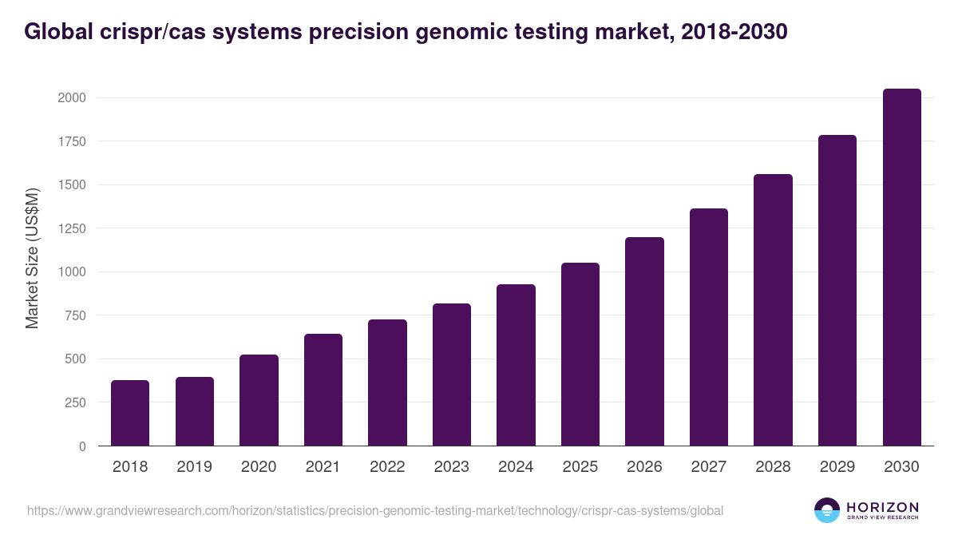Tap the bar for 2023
coord(451,375)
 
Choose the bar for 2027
coord(708,327)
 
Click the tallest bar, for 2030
coord(901,267)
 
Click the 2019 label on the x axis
coord(194,467)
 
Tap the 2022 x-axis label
coord(387,467)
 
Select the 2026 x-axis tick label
coord(644,467)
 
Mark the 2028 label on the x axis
coord(773,467)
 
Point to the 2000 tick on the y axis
coord(71,98)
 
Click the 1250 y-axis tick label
coord(71,228)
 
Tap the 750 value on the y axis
coord(75,315)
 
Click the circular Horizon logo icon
coord(826,510)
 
